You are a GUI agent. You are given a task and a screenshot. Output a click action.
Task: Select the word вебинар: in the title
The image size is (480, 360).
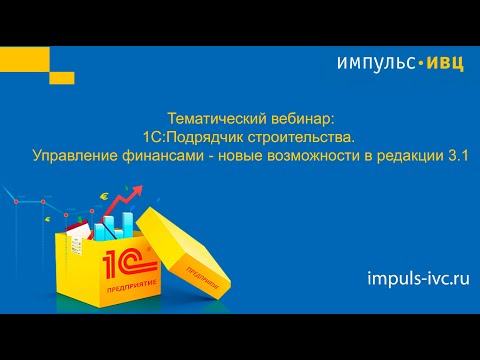[282, 117]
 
